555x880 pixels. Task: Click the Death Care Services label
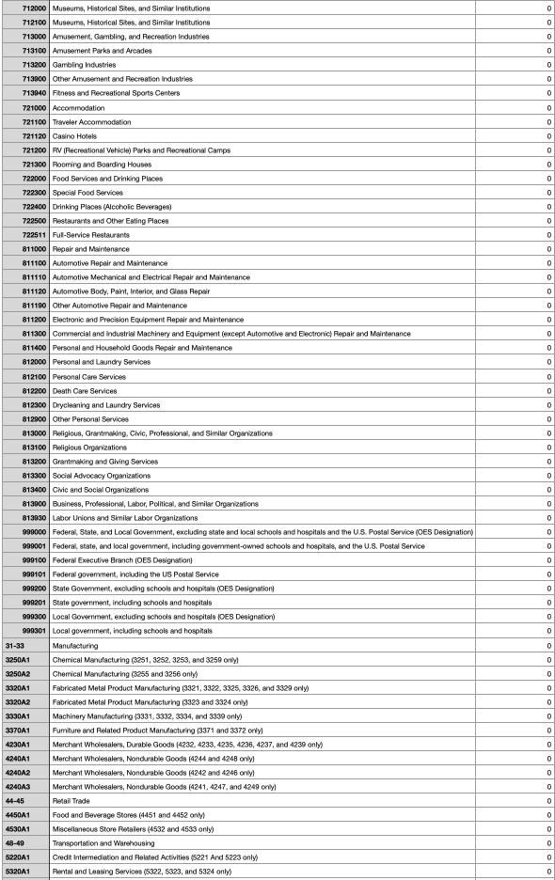(85, 391)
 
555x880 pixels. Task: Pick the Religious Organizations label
(89, 448)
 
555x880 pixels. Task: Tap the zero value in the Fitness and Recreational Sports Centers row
(548, 93)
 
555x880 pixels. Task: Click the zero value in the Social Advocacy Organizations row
(548, 476)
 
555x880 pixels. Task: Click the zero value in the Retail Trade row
(548, 787)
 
